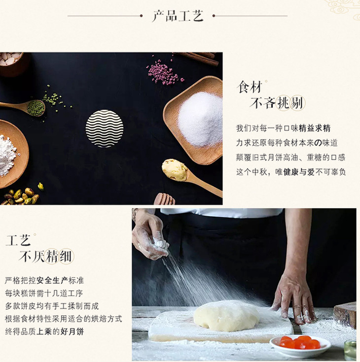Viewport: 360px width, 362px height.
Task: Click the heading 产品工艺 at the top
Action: (178, 16)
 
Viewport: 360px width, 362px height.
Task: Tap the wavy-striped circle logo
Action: (105, 129)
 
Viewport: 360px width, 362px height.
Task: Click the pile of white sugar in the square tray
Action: (200, 119)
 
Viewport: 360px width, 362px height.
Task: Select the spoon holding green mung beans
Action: (23, 107)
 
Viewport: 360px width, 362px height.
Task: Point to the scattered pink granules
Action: (163, 71)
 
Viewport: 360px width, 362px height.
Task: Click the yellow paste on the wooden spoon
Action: (175, 169)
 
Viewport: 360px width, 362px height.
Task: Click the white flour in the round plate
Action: (7, 155)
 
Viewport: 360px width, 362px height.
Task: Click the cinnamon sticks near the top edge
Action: (197, 58)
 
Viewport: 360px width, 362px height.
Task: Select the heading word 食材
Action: (250, 87)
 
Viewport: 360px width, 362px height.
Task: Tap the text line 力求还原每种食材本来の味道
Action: (287, 143)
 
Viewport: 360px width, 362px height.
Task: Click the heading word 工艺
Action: (18, 240)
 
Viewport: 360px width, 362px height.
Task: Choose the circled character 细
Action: (67, 256)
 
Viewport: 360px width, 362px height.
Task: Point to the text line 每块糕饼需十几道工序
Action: (44, 294)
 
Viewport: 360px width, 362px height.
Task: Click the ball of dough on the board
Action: (226, 315)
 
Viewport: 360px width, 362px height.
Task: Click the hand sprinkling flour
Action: (150, 235)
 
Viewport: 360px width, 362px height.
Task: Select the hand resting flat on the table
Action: (294, 298)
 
